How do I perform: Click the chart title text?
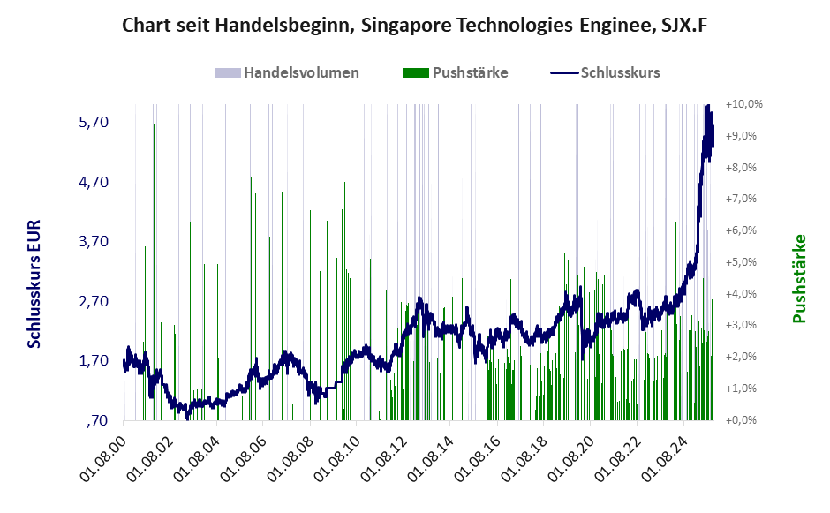414,26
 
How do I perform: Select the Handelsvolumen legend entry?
301,72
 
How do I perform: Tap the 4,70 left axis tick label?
94,182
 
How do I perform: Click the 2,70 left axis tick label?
94,301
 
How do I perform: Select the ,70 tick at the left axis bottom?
97,420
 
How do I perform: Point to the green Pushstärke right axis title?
800,277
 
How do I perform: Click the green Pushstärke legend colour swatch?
415,72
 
